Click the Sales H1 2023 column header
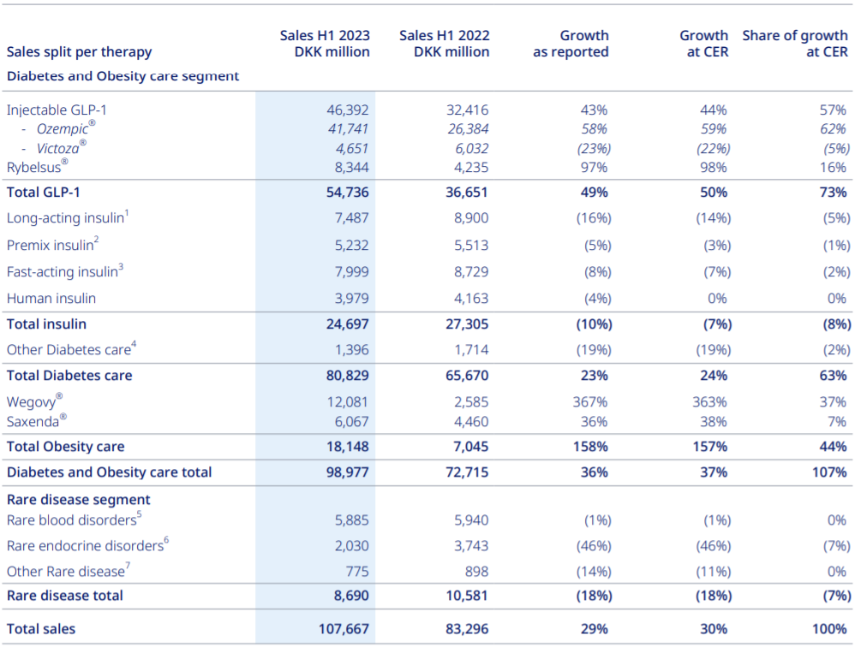coord(325,44)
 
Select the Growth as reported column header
coord(571,44)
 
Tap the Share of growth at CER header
coord(795,44)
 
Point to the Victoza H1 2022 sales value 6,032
coord(472,149)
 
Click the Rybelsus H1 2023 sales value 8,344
coord(352,168)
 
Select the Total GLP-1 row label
coord(44,193)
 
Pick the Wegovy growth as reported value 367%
coord(590,402)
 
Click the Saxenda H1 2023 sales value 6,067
coord(352,422)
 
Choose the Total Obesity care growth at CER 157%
coord(710,447)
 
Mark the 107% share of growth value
coord(829,472)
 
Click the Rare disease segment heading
coord(79,500)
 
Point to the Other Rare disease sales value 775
coord(357,572)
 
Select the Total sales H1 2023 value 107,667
coord(344,629)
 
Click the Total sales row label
coord(41,629)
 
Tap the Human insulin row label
coord(51,299)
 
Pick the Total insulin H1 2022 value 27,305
coord(467,324)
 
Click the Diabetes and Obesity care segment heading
coord(123,75)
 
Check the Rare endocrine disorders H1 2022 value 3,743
coord(472,546)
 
